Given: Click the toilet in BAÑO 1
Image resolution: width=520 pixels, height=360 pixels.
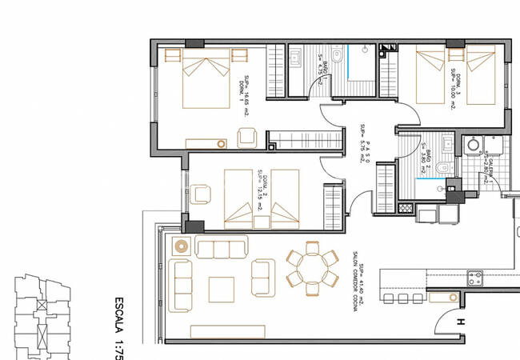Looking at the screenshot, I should tap(337, 57).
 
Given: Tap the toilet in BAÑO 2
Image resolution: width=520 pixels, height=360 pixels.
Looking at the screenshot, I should tap(441, 168).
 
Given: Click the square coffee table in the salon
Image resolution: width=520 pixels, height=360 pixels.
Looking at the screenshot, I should tap(221, 289).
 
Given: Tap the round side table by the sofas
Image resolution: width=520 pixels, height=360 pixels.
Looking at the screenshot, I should tap(180, 245).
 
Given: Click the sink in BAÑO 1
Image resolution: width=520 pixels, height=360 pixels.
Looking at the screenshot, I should tap(296, 57).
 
